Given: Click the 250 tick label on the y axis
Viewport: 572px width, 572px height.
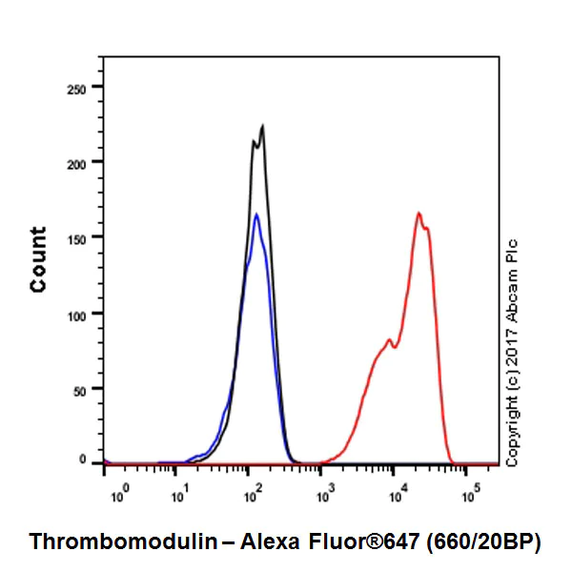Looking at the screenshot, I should [x=77, y=88].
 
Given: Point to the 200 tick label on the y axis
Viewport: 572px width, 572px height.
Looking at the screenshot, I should [x=77, y=163].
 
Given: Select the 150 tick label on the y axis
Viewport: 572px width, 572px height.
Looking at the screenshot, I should [x=77, y=237].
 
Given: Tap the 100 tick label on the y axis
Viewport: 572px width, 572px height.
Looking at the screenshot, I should [x=77, y=313].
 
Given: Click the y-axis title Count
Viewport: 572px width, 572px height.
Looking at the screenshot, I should [x=38, y=259].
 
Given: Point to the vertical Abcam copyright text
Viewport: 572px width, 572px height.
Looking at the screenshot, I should [x=514, y=353].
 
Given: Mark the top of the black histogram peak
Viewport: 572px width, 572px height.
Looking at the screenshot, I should [x=262, y=125].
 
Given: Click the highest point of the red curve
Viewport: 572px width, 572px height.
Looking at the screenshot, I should [x=419, y=213].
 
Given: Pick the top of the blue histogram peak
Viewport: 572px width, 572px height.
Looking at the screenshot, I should [x=256, y=214].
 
